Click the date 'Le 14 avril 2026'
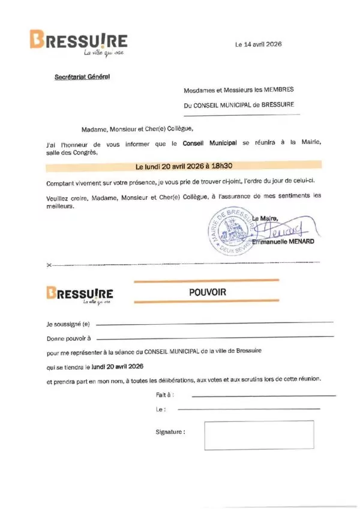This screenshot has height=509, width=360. tap(258, 44)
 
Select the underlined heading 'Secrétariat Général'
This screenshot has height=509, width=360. tap(82, 76)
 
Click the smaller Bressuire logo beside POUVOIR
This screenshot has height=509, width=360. tap(79, 295)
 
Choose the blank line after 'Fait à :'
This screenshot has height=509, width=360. tap(263, 396)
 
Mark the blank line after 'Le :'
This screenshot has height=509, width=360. tap(257, 409)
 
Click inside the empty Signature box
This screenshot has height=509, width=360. tap(259, 435)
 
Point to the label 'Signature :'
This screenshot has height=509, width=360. tap(170, 432)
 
